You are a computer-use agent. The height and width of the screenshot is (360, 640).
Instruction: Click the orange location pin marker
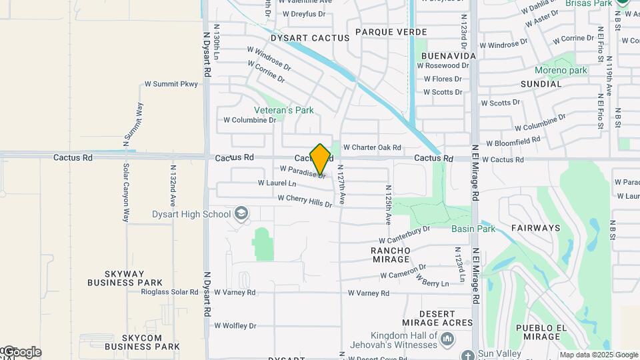[x=320, y=159]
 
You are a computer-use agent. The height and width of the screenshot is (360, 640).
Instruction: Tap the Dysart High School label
[x=191, y=214]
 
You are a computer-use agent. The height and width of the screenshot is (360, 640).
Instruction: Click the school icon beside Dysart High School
[x=241, y=214]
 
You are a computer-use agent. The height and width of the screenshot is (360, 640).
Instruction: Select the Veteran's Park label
[x=283, y=110]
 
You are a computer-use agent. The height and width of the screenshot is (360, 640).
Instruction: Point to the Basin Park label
[x=473, y=229]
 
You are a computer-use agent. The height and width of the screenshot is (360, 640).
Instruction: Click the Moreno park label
[x=561, y=70]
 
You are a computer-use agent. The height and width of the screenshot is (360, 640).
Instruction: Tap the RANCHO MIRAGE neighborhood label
[x=390, y=254]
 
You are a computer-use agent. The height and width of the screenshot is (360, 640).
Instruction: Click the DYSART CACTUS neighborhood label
[x=310, y=39]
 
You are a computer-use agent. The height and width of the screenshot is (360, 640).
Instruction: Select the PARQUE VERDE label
[x=391, y=32]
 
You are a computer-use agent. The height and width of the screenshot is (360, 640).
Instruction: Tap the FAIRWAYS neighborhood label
[x=536, y=228]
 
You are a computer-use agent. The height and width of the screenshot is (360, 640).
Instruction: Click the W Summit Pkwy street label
[x=171, y=85]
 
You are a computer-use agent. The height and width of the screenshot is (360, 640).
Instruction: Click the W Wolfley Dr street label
[x=235, y=325]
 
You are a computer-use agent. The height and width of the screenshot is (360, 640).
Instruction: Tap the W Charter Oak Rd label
[x=372, y=147]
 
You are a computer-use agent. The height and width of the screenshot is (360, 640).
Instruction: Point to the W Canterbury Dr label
[x=404, y=235]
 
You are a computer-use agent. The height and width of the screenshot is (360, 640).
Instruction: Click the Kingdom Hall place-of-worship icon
[x=447, y=341]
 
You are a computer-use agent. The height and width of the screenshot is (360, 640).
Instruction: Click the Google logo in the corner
[x=21, y=352]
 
